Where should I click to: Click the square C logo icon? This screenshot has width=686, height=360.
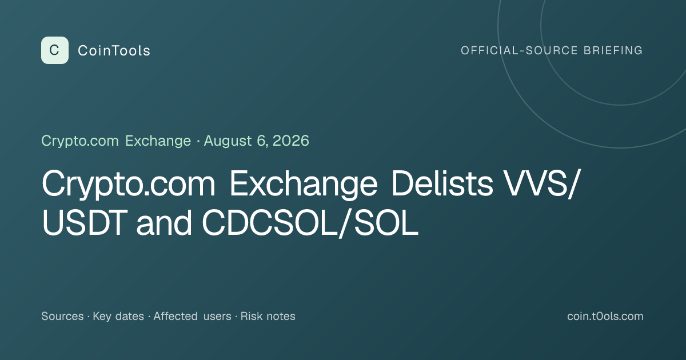55,50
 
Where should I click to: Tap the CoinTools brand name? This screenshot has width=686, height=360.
114,51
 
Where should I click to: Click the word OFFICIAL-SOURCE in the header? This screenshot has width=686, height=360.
519,50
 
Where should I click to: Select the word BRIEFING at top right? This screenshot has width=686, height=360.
613,50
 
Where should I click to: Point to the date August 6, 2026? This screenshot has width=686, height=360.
256,141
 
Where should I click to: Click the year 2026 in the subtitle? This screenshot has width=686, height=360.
290,141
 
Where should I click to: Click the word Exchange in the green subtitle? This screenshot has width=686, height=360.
158,141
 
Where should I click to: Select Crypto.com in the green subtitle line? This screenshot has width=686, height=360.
80,141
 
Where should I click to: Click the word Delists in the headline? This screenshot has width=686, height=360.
442,183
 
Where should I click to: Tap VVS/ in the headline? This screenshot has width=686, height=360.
542,183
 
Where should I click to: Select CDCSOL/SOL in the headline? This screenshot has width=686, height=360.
310,223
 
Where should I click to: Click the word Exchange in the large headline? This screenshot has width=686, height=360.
303,183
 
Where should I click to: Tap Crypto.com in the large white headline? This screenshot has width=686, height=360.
129,183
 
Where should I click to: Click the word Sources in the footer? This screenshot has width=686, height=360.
62,316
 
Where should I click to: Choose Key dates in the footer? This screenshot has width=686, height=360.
118,316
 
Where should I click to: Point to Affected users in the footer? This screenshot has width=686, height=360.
192,316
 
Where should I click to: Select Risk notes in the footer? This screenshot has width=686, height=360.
268,316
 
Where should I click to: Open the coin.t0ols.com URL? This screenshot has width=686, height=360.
605,316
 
